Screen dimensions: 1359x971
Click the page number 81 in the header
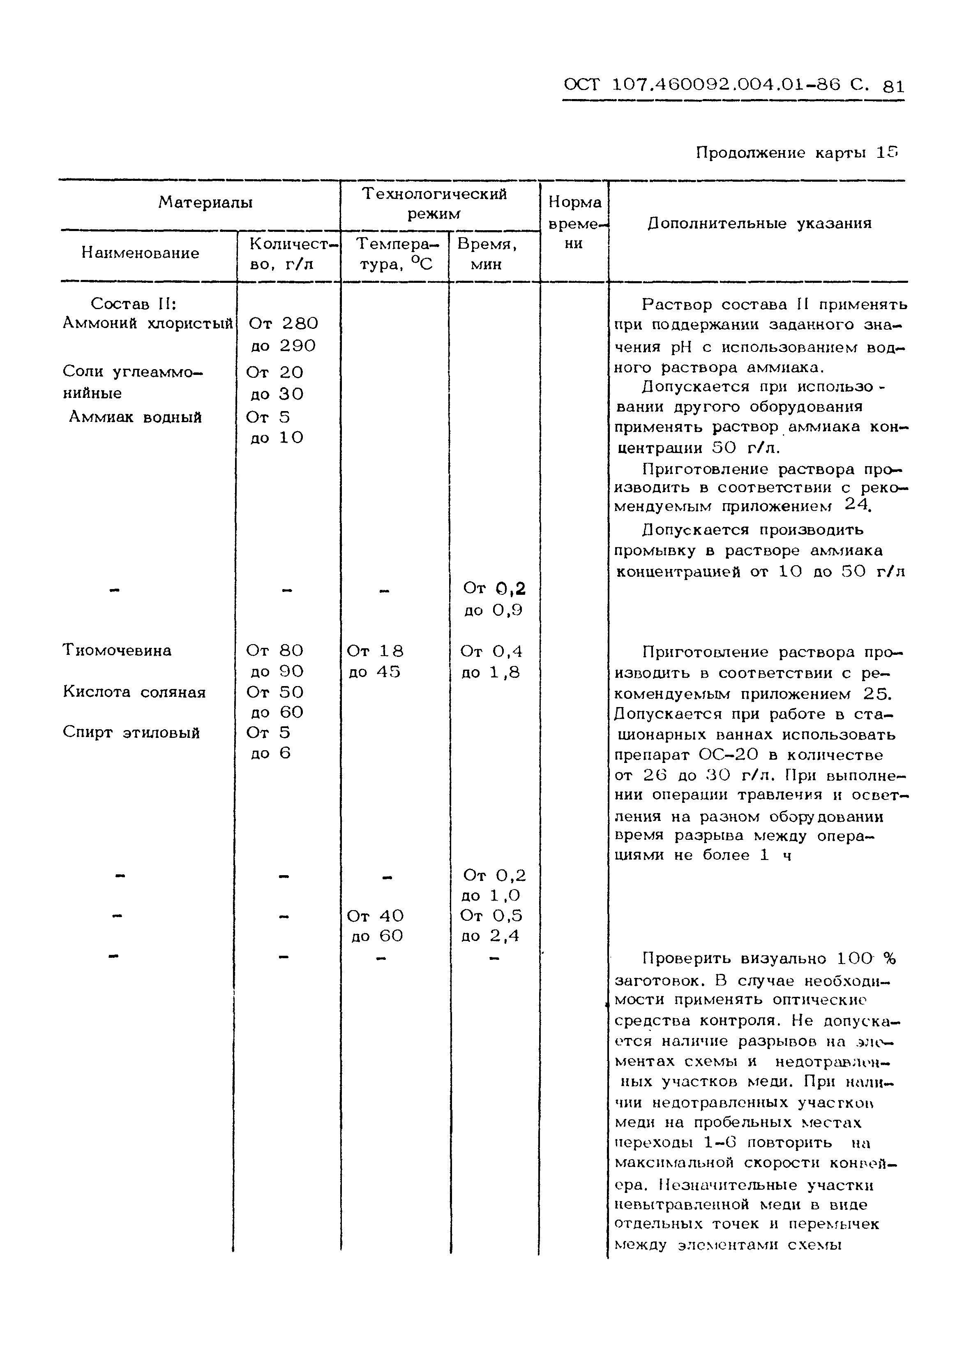coord(893,86)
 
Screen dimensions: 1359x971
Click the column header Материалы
coord(205,203)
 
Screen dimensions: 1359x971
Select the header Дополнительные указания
coord(759,224)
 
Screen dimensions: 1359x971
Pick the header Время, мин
coord(487,254)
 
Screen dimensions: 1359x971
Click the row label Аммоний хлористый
coord(147,324)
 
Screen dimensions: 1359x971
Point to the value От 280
coord(282,324)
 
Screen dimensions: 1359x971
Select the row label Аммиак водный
coord(135,417)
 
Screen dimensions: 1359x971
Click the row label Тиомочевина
coord(117,650)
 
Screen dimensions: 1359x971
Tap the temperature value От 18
coord(375,651)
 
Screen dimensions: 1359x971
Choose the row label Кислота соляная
coord(134,692)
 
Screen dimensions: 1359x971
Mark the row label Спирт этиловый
coord(131,733)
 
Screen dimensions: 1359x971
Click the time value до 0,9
coord(493,611)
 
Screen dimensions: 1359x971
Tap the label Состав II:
coord(133,304)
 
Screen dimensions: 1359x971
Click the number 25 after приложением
coord(876,694)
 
